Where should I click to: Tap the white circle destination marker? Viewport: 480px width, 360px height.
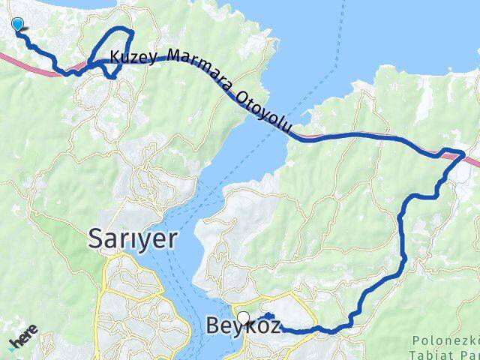[244, 317]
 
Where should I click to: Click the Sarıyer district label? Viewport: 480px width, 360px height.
[133, 238]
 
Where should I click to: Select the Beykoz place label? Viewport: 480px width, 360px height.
[243, 327]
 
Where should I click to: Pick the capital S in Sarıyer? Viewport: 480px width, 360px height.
[97, 238]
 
